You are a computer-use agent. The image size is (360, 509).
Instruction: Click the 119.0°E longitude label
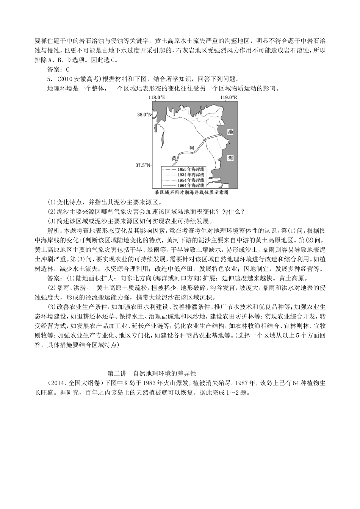tap(229, 97)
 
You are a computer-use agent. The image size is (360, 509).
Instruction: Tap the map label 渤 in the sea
tap(230, 132)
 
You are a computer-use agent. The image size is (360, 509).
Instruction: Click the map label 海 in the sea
tap(230, 158)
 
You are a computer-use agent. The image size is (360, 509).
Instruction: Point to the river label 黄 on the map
tap(174, 158)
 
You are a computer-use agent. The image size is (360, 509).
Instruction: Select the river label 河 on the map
tap(192, 148)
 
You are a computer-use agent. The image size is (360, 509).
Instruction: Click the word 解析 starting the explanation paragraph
tap(52, 230)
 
